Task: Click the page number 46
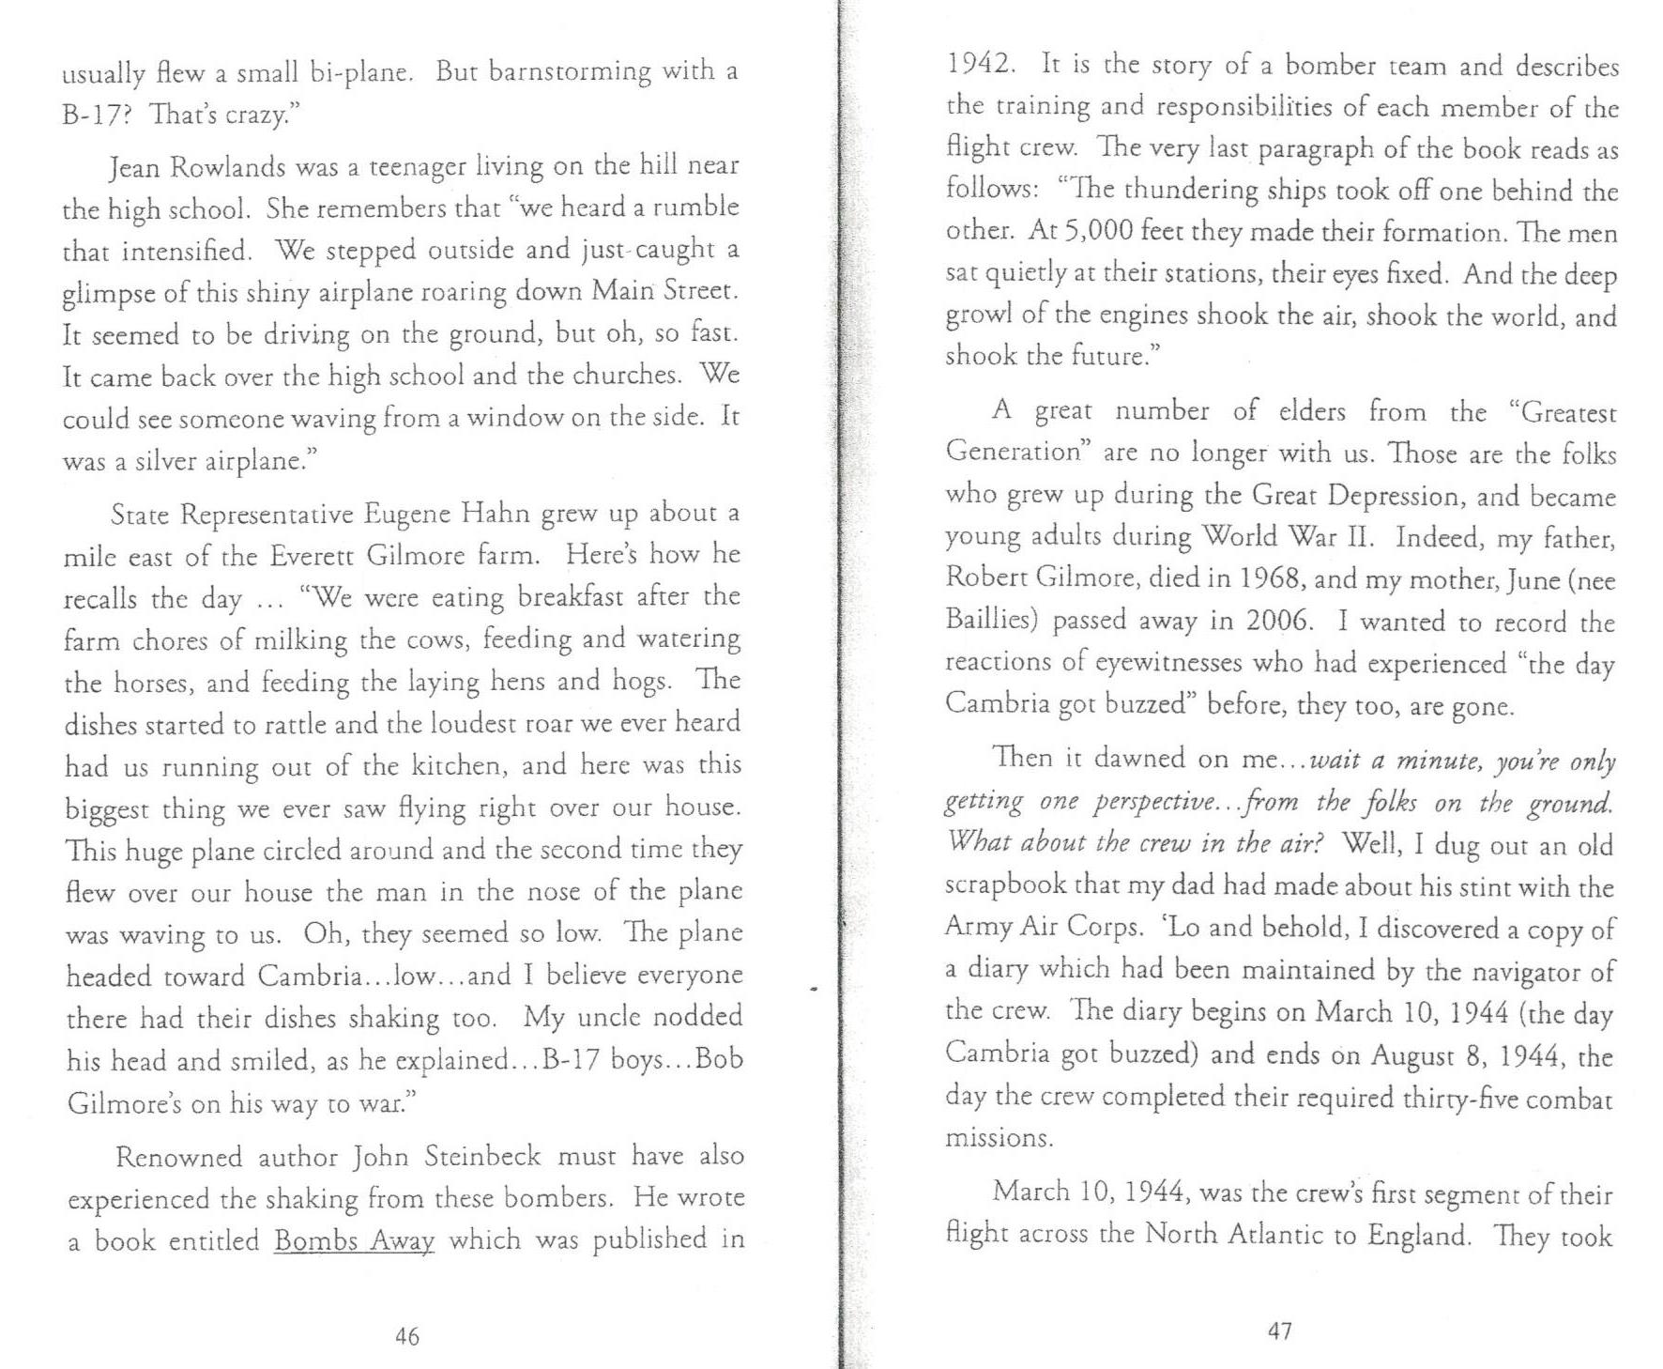(x=407, y=1336)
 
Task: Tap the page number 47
(x=1280, y=1331)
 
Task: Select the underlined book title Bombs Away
(x=354, y=1241)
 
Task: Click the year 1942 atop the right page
(x=981, y=64)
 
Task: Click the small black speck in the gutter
(x=813, y=988)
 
